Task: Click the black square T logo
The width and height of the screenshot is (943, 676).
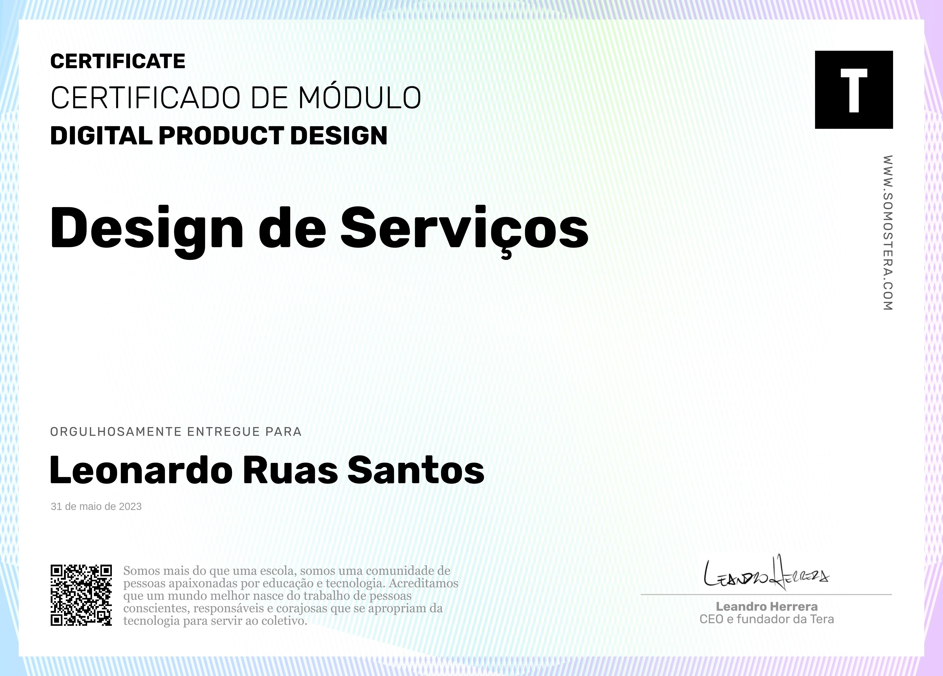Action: coord(854,90)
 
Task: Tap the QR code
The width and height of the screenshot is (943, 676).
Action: coord(81,595)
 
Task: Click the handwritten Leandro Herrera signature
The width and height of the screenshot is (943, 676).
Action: coord(766,573)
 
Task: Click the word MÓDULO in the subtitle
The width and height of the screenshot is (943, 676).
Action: coord(360,98)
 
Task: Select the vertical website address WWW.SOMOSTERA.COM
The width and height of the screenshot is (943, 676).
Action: coord(887,233)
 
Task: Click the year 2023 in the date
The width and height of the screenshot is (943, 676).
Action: coord(130,506)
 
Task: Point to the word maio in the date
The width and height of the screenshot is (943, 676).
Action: coord(90,506)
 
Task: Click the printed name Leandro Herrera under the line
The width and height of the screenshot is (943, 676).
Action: coord(767,607)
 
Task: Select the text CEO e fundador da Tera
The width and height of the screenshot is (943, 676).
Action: coord(767,619)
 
